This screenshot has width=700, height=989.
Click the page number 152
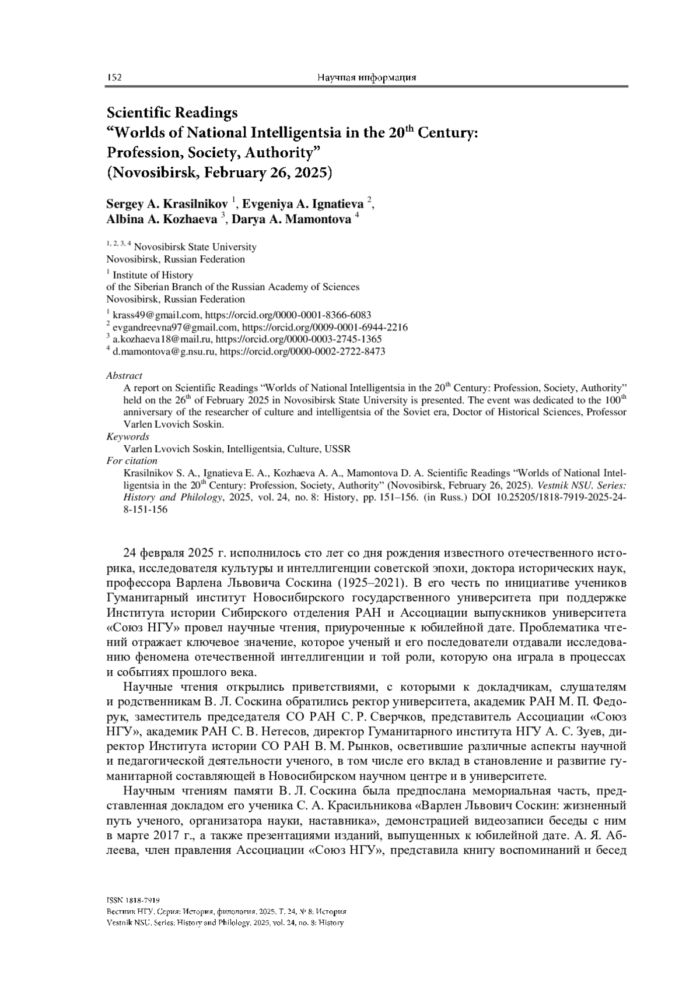coord(114,78)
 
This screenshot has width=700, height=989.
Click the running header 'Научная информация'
coord(366,78)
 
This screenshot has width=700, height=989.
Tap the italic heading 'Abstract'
coord(124,376)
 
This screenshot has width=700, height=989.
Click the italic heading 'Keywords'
coord(128,437)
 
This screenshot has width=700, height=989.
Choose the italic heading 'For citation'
coord(132,461)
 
